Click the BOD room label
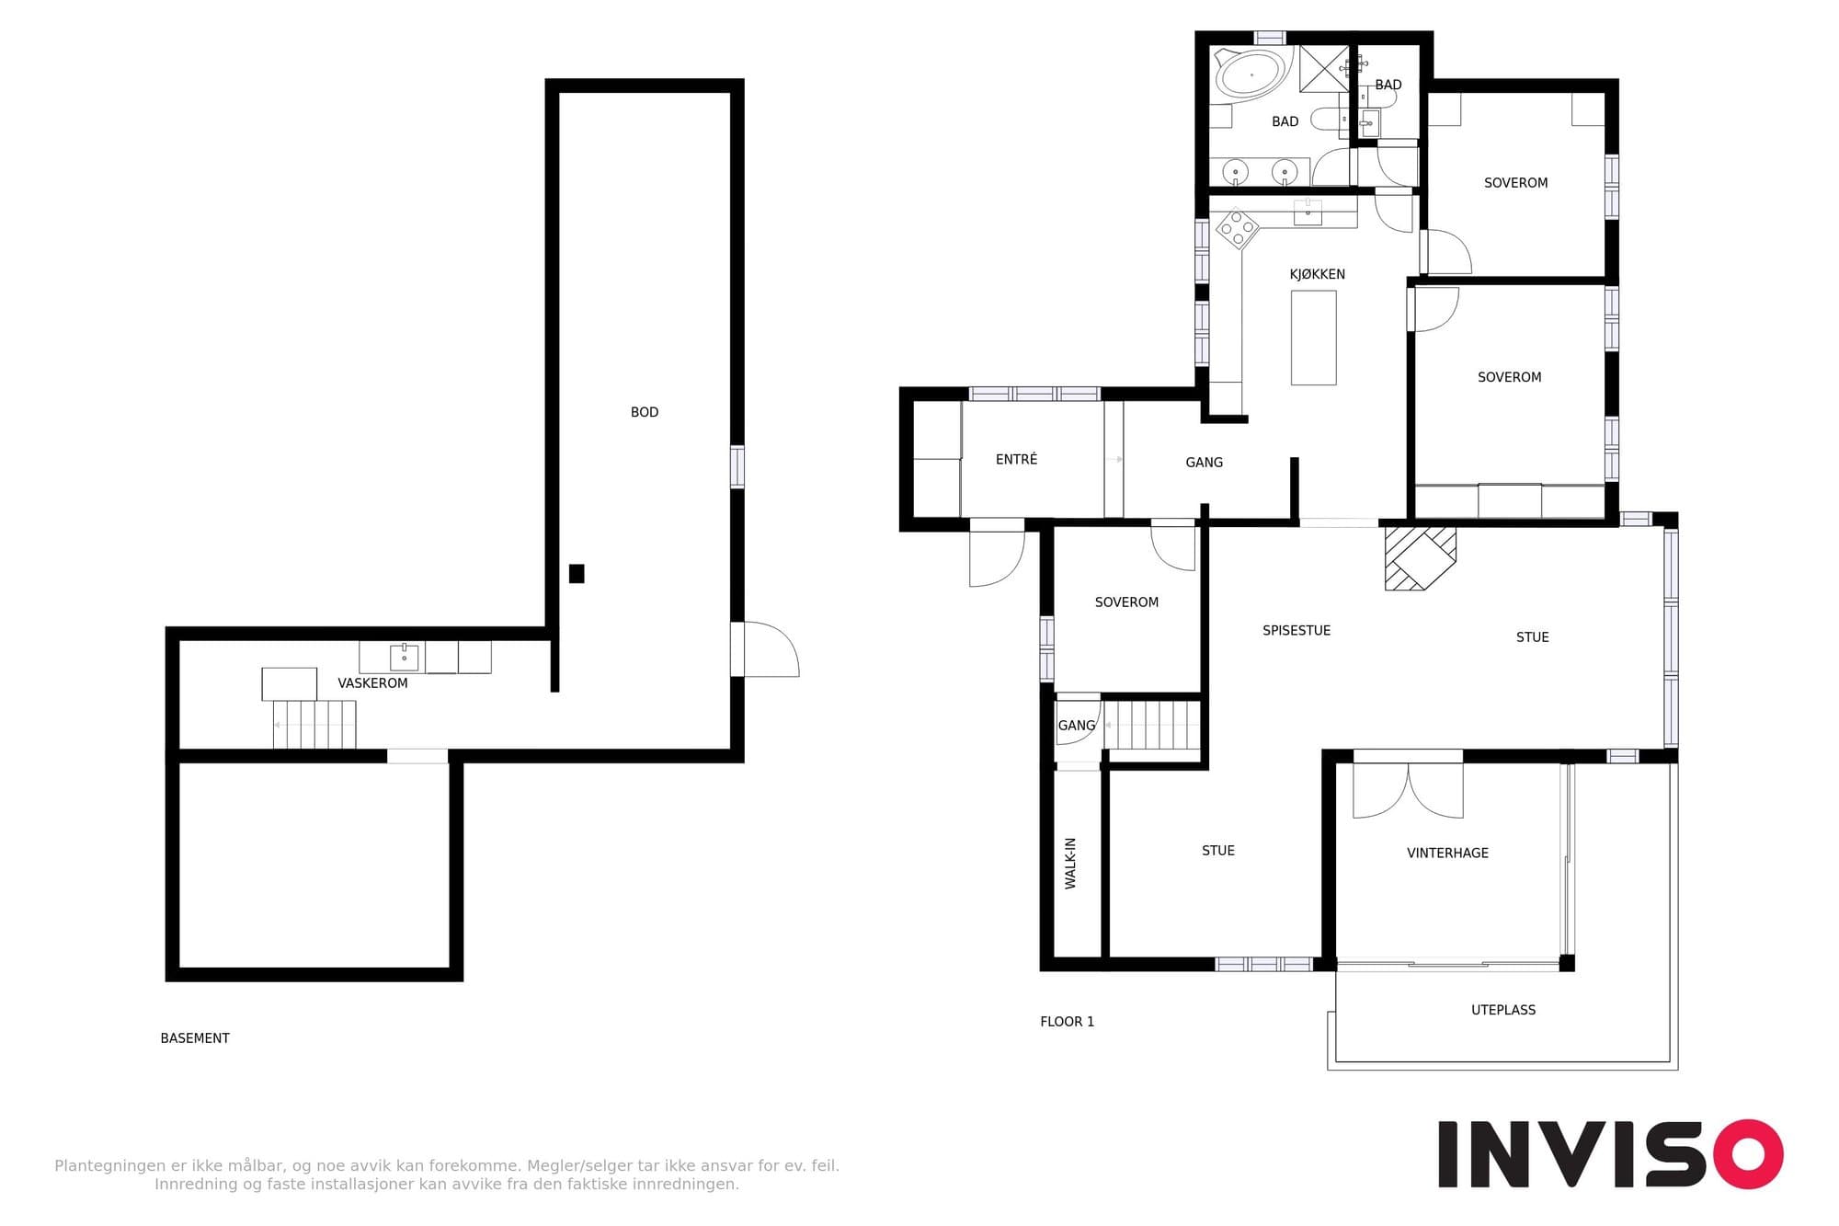point(645,412)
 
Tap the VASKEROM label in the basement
point(372,683)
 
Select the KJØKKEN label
point(1317,274)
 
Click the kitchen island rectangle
point(1313,338)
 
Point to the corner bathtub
point(1251,74)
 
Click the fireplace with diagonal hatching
point(1421,557)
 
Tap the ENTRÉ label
point(1016,459)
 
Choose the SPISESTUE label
point(1296,630)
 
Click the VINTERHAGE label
point(1447,853)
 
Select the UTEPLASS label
point(1503,1010)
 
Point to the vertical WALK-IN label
point(1070,863)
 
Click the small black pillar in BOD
point(577,574)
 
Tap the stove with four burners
point(1237,229)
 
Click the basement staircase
point(314,725)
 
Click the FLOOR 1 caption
point(1067,1022)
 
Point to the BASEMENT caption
point(195,1038)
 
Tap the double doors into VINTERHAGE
point(1408,790)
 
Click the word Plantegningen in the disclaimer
point(110,1166)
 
